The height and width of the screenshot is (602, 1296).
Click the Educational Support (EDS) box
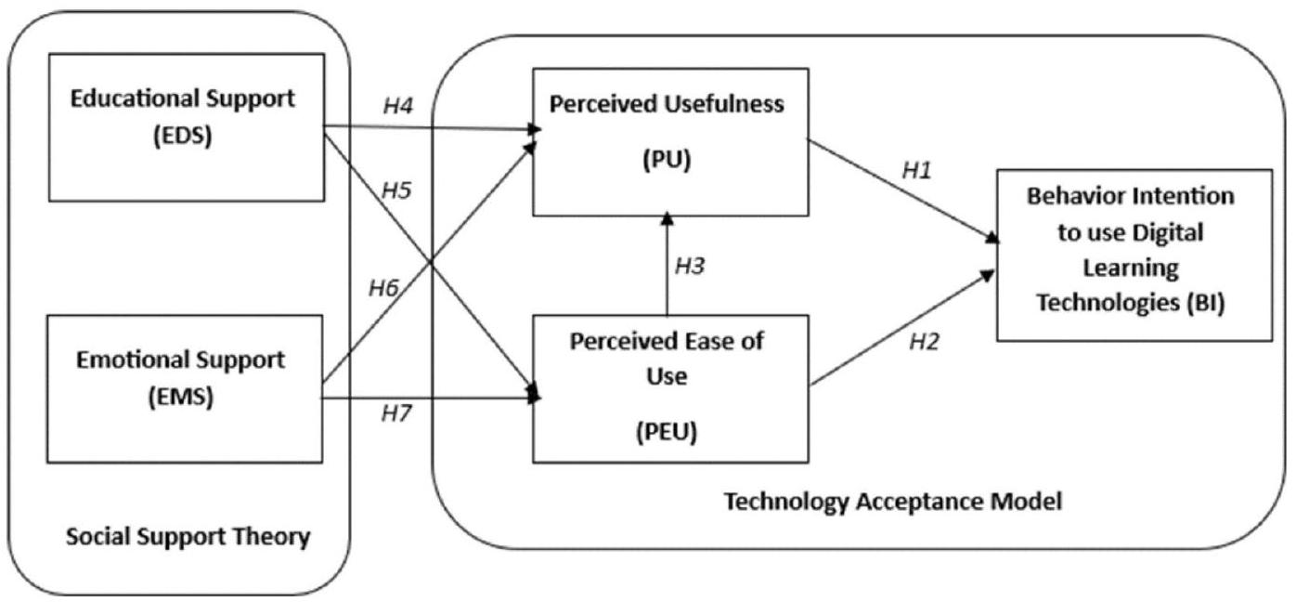tap(187, 126)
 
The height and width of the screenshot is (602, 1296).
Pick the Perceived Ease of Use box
tap(667, 387)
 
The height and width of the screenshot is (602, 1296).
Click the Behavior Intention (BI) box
tap(1134, 254)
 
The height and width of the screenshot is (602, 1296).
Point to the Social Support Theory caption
tap(188, 537)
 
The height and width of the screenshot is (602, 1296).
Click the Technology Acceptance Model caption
tap(892, 503)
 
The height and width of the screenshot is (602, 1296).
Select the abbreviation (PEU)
tap(666, 431)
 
